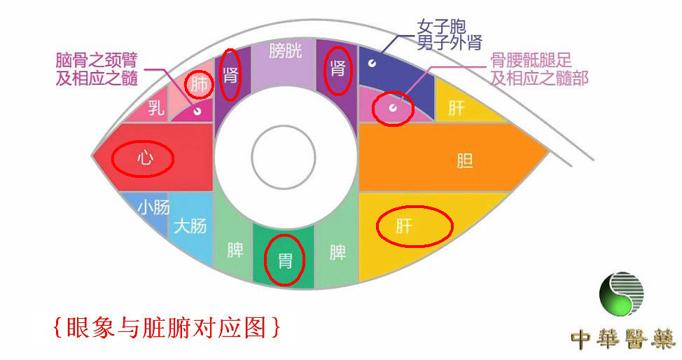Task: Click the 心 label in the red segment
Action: click(x=145, y=159)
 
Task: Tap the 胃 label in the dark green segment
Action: click(x=285, y=261)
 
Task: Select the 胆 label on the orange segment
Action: click(x=464, y=161)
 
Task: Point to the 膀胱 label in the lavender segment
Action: click(x=286, y=51)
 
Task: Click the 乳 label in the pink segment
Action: click(x=157, y=108)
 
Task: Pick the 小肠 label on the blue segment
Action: click(x=153, y=208)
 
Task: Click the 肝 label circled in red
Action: click(x=404, y=226)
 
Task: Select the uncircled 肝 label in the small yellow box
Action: click(x=456, y=109)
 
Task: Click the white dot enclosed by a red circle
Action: click(x=393, y=108)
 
